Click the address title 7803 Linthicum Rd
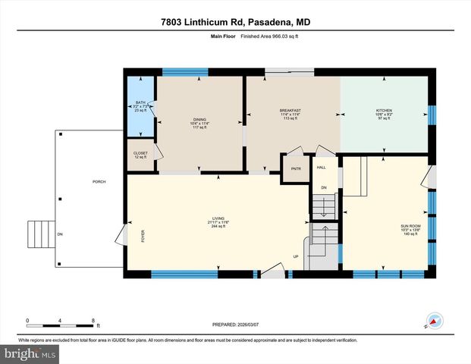tap(235, 22)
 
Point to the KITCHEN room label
tap(385, 115)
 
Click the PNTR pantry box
tap(296, 169)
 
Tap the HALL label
tap(321, 167)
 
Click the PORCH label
tap(99, 182)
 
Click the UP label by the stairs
tap(297, 256)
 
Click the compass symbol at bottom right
tap(435, 321)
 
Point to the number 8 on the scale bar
tap(92, 321)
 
